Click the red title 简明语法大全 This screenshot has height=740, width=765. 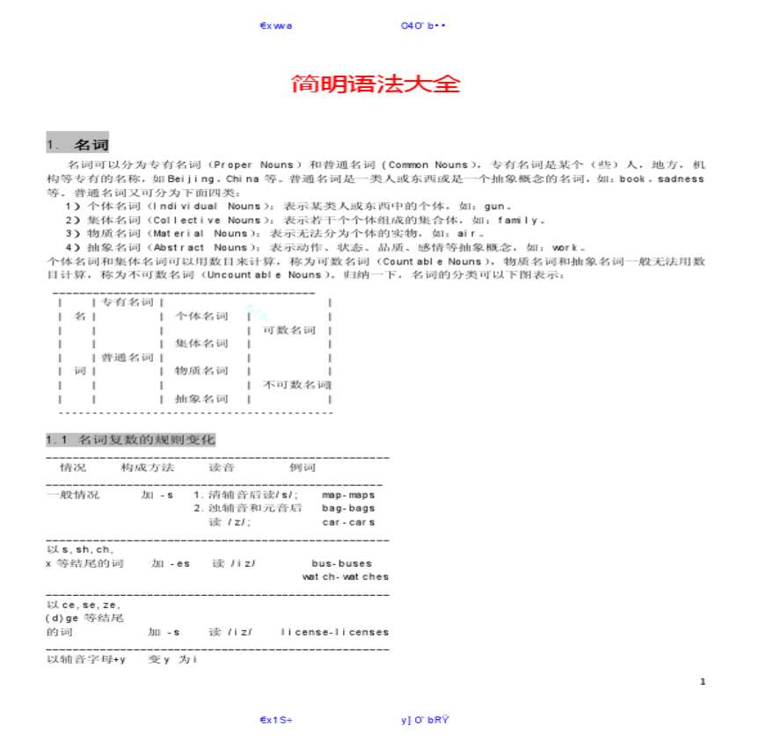(x=375, y=84)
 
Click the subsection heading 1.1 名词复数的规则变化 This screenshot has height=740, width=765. (x=130, y=439)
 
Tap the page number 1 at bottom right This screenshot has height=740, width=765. (x=703, y=681)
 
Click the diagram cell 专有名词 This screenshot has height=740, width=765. (x=127, y=302)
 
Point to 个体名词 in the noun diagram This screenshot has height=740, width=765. (x=201, y=316)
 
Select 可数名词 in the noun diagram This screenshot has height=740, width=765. (x=289, y=330)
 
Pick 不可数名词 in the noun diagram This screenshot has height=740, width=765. (x=296, y=385)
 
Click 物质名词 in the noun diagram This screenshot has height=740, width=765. (x=201, y=371)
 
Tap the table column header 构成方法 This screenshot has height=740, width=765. (x=147, y=468)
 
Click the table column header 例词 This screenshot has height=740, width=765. (x=302, y=468)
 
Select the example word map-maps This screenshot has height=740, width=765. (x=348, y=495)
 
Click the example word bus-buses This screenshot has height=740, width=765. (x=341, y=563)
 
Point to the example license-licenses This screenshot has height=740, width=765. (x=334, y=632)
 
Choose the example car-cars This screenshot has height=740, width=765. (x=348, y=522)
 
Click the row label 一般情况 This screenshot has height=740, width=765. (x=73, y=495)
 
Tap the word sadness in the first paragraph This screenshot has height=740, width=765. (x=681, y=178)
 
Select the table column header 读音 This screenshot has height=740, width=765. (x=221, y=468)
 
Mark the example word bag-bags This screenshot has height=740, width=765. (x=348, y=508)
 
